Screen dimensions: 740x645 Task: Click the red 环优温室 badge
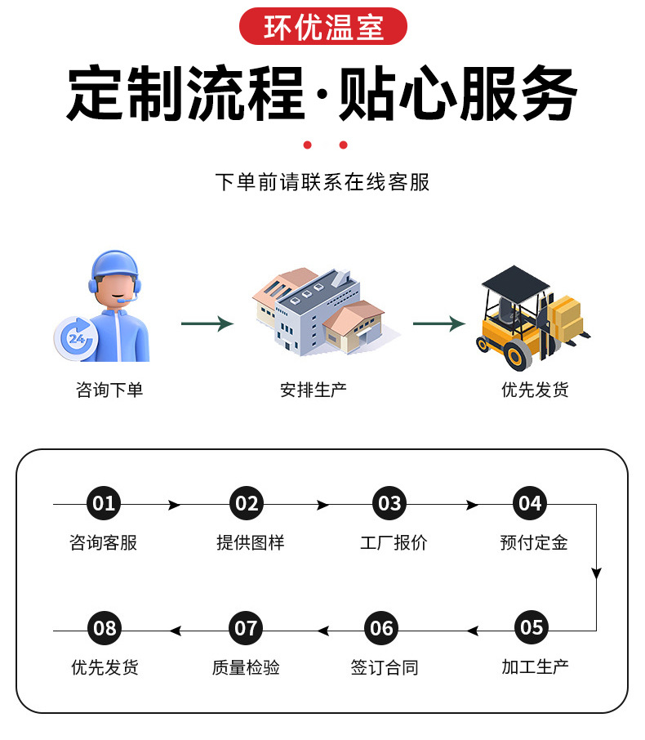pos(322,26)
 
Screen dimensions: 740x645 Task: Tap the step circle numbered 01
pos(104,504)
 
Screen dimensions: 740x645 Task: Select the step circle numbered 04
pos(530,504)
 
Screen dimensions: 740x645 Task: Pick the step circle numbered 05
pos(532,628)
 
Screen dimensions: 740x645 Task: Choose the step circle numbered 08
pos(105,629)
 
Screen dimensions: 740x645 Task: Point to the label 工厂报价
pos(394,542)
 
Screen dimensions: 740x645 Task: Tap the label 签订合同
pos(384,667)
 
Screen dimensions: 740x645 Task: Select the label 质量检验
pos(246,667)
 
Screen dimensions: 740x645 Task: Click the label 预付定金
pos(534,542)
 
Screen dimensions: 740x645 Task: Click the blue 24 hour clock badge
pos(76,337)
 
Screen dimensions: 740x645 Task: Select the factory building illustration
pos(318,310)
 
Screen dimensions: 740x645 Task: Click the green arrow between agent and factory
pos(207,324)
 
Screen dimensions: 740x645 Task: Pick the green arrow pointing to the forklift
pos(438,324)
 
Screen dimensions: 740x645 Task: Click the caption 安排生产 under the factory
pos(314,390)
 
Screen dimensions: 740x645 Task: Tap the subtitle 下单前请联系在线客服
pos(322,181)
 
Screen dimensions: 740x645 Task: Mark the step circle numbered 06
pos(382,629)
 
